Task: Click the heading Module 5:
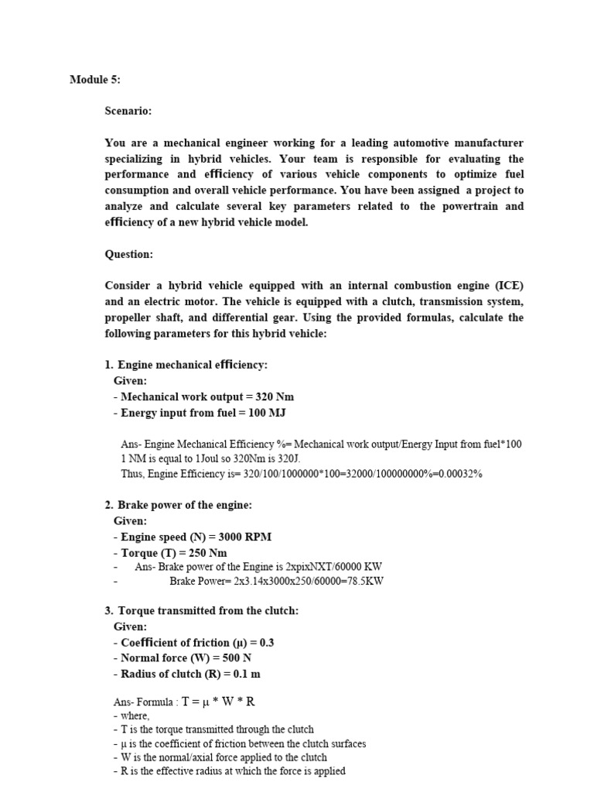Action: pyautogui.click(x=95, y=80)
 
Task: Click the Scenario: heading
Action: pyautogui.click(x=128, y=112)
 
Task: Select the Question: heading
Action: pyautogui.click(x=129, y=254)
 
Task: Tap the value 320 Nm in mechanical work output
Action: pyautogui.click(x=269, y=396)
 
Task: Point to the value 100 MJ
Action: pyautogui.click(x=268, y=413)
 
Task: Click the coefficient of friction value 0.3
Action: pyautogui.click(x=267, y=643)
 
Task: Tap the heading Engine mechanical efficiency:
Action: pyautogui.click(x=193, y=365)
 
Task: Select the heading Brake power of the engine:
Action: pyautogui.click(x=185, y=505)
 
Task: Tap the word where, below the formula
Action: pyautogui.click(x=135, y=716)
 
